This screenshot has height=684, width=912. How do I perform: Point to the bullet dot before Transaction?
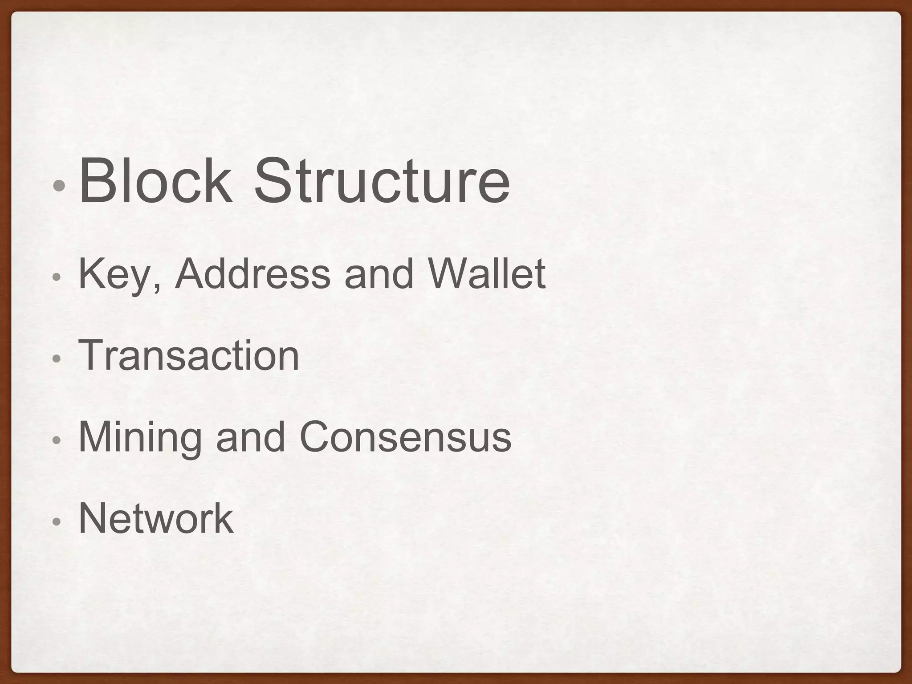(x=56, y=358)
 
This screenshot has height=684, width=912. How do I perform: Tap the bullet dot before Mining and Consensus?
(x=56, y=440)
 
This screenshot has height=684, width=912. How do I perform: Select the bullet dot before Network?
(x=56, y=521)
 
